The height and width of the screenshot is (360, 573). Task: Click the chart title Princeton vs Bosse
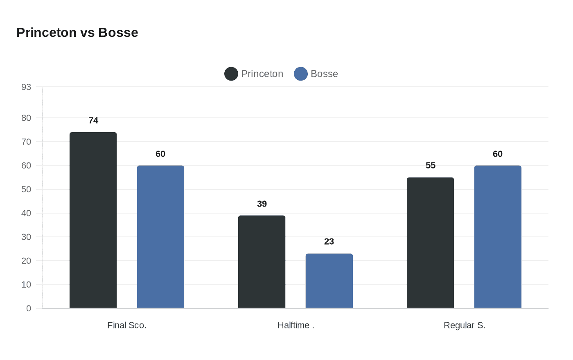pos(77,32)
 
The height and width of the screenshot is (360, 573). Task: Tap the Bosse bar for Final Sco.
pos(160,237)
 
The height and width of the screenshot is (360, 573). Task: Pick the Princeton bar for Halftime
pos(262,262)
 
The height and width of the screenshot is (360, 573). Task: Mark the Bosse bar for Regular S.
pos(498,237)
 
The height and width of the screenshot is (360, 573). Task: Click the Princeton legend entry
pos(254,74)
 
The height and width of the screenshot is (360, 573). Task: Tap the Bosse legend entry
pos(316,74)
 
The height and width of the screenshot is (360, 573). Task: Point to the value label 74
pos(93,120)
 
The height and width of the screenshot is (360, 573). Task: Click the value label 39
pos(262,204)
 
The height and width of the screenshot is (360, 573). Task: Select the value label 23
pos(329,241)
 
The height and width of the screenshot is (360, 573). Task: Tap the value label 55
pos(431,165)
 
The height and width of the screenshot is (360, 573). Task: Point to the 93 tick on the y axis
pos(26,87)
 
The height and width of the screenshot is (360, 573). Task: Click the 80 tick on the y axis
pos(26,118)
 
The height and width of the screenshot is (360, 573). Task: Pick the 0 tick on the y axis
pos(29,308)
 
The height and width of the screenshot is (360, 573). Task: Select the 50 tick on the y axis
pos(26,189)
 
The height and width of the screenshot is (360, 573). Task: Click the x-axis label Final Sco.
pos(127,325)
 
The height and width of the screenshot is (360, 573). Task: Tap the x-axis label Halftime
pos(296,325)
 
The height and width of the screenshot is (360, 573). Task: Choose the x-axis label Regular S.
pos(464,325)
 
